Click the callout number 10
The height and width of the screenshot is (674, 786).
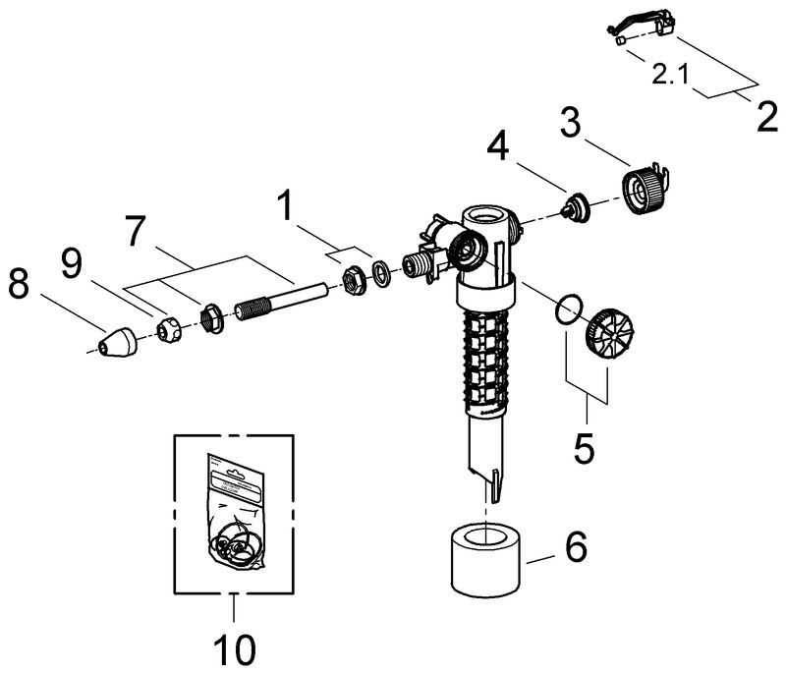[235, 650]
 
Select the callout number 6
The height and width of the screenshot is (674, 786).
[576, 545]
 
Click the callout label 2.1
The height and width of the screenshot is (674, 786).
[670, 75]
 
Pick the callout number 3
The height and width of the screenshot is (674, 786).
[571, 122]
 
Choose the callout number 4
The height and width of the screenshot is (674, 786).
[498, 147]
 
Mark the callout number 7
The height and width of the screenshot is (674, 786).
[136, 231]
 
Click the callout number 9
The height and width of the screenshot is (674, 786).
[72, 263]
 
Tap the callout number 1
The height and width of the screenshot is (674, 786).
[286, 205]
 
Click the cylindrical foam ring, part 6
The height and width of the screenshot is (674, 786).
[485, 560]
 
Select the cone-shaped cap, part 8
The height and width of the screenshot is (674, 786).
[117, 344]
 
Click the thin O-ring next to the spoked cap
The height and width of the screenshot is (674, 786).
[569, 310]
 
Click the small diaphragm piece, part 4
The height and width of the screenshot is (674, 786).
[575, 206]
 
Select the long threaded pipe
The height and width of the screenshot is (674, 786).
[282, 303]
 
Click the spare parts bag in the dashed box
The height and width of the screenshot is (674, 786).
[235, 512]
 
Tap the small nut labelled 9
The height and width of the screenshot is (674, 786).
[169, 329]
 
